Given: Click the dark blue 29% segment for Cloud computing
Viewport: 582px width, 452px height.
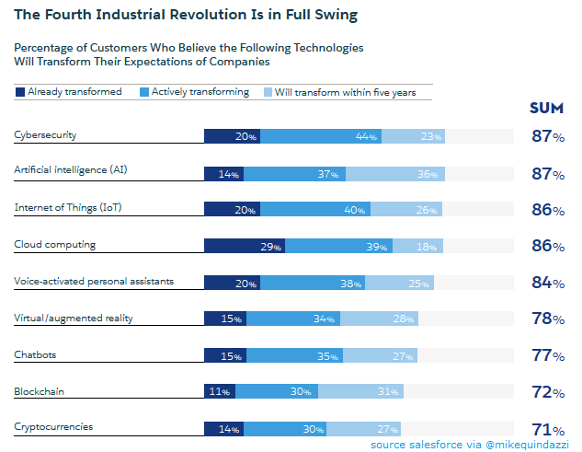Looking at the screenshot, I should (244, 246).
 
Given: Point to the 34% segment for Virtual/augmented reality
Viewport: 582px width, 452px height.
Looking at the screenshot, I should (293, 319).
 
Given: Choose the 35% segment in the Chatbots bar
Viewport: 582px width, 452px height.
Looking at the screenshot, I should (294, 355).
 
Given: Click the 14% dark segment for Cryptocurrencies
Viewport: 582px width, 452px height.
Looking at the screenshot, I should (223, 428).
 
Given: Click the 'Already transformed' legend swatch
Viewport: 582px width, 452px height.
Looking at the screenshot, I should (20, 92).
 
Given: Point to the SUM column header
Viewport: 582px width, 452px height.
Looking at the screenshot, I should (546, 109).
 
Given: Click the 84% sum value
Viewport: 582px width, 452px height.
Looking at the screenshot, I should (548, 283).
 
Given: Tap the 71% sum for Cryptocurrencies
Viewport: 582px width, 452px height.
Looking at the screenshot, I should (548, 429).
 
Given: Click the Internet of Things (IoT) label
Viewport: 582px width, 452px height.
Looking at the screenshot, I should (68, 207).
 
